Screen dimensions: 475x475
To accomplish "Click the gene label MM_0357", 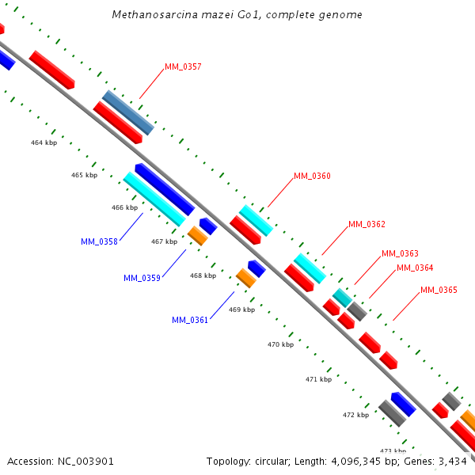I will tap(183, 66).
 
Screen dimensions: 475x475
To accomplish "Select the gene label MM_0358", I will tap(99, 241).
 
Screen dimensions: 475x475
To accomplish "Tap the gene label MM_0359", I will tap(142, 278).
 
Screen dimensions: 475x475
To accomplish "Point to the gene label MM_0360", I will tap(312, 176).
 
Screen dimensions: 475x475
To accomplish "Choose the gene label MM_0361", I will tap(190, 320).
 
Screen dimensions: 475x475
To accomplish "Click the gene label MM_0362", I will tap(367, 225).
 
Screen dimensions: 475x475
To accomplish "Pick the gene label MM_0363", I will tap(400, 253).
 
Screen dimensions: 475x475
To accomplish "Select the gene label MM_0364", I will tap(415, 268).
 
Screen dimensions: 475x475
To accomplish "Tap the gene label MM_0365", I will tap(439, 290).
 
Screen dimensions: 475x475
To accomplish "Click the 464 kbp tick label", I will tap(44, 142).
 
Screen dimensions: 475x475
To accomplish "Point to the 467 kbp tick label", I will tap(164, 241).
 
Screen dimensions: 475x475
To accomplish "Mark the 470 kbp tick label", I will tap(280, 344).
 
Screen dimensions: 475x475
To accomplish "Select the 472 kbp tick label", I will tap(355, 414).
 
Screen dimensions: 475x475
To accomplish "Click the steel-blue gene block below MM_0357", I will tap(128, 112).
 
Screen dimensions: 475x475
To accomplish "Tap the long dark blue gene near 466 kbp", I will tap(165, 189).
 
